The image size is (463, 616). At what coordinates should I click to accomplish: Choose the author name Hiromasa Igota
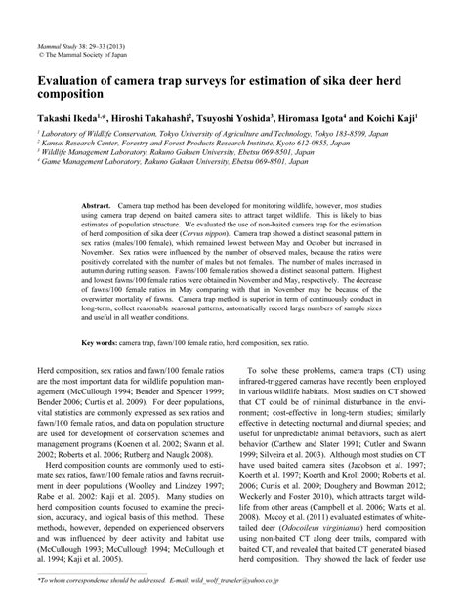[x=341, y=115]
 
